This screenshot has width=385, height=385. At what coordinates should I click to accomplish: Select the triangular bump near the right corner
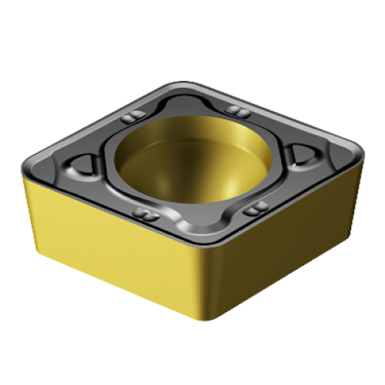tap(303, 152)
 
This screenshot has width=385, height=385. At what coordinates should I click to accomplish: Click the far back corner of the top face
tap(182, 84)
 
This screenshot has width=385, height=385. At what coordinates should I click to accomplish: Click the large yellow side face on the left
tap(110, 244)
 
